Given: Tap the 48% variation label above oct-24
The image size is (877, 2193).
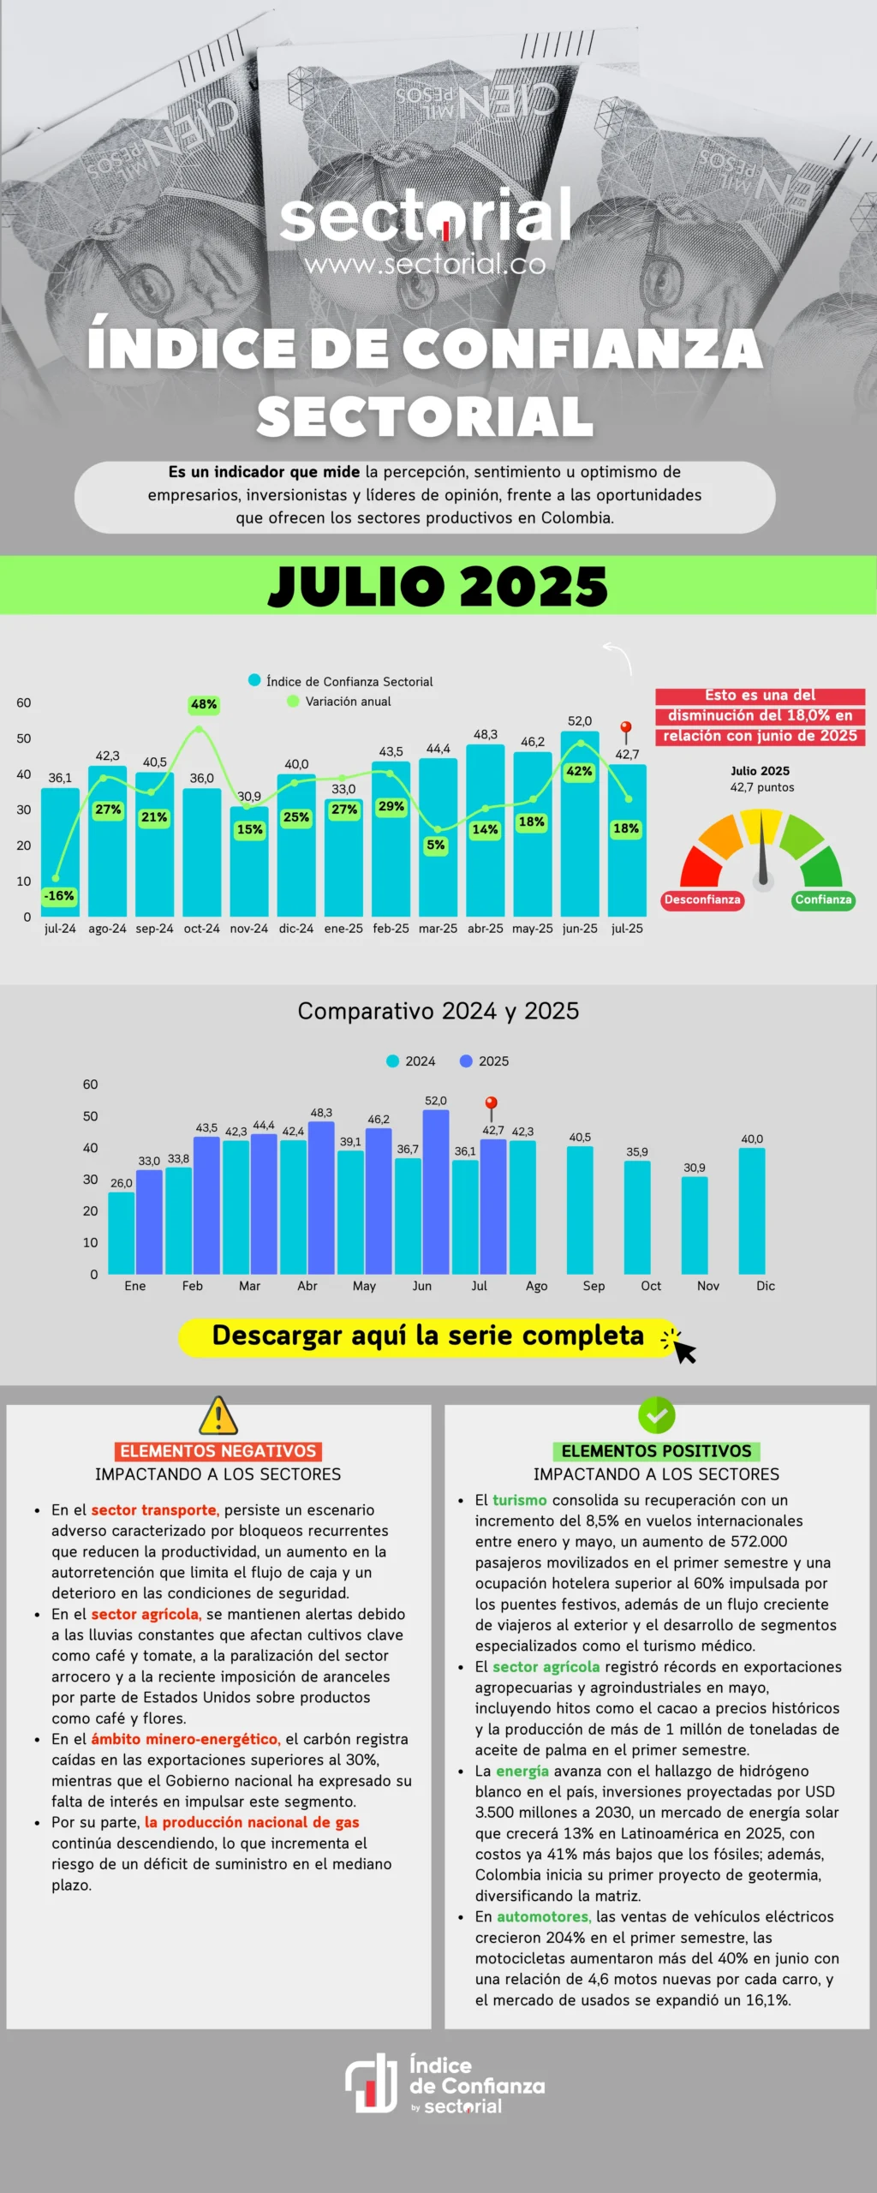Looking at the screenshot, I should (x=204, y=704).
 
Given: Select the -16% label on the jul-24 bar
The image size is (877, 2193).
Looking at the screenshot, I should (x=59, y=896).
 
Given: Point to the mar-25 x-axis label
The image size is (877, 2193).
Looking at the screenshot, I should (x=438, y=929).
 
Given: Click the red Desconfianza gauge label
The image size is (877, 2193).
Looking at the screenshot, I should (x=701, y=899).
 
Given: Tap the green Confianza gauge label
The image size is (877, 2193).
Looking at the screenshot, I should (x=823, y=899).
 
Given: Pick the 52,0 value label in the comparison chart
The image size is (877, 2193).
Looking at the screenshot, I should (x=436, y=1101).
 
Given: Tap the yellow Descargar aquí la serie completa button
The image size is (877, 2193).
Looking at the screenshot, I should (x=428, y=1336).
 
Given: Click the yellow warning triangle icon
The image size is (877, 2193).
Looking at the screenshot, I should (x=218, y=1415).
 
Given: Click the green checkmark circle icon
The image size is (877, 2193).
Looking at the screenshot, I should (x=657, y=1415).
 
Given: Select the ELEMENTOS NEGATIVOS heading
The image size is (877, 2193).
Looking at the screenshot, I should (x=218, y=1451).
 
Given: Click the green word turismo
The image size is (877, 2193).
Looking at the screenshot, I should (x=519, y=1500).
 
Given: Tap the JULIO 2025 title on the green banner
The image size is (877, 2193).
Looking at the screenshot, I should (x=438, y=586).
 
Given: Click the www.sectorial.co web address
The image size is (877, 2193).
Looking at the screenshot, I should (x=425, y=265).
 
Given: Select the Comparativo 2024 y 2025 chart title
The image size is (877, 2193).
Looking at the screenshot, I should (x=438, y=1012).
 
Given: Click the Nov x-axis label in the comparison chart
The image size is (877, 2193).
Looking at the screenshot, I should (x=708, y=1286).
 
